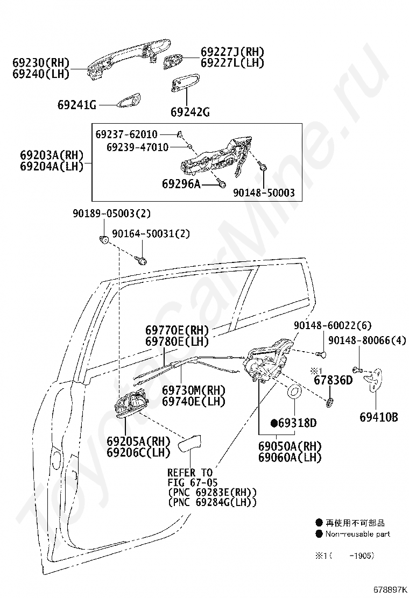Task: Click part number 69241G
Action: [77, 105]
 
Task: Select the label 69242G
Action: [190, 112]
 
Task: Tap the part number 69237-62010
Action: [126, 134]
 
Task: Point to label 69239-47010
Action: [137, 147]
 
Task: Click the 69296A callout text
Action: [181, 184]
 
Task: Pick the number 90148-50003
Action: [264, 193]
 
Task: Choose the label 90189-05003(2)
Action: [111, 213]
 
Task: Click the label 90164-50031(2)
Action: [151, 234]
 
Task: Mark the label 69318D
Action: [298, 423]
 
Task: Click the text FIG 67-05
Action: [193, 482]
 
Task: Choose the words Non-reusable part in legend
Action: [357, 534]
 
